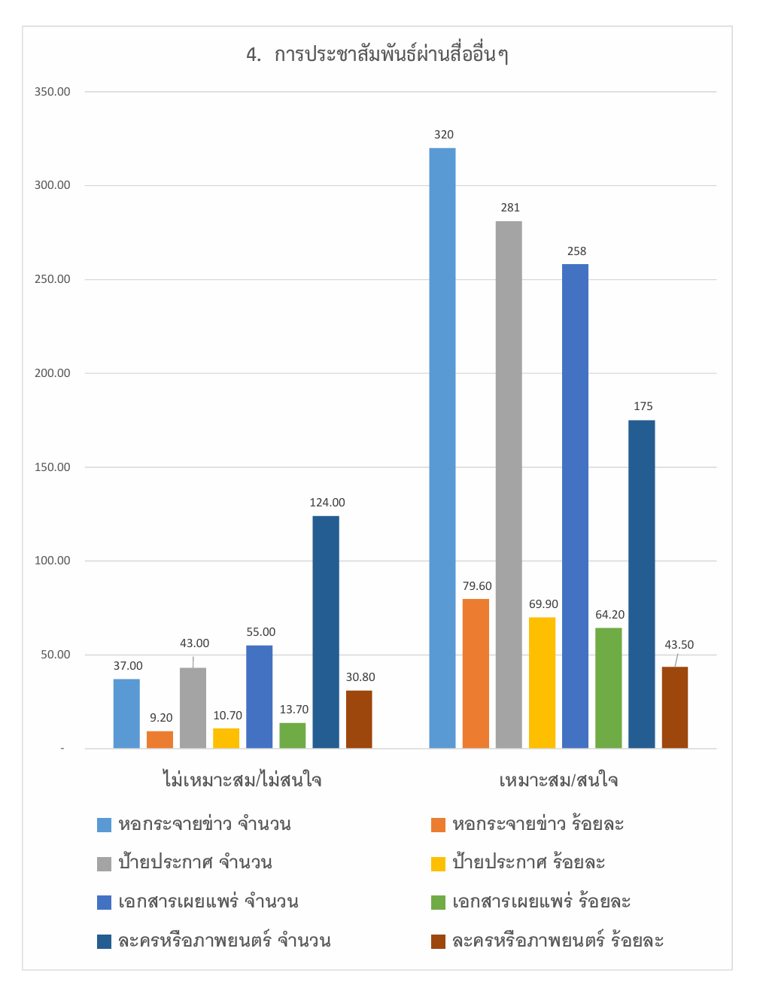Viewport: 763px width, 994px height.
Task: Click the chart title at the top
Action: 377,55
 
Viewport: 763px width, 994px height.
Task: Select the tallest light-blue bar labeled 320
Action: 442,448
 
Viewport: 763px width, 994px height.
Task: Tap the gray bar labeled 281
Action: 509,485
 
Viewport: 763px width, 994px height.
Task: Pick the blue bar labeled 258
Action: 575,506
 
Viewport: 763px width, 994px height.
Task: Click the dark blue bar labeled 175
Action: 641,584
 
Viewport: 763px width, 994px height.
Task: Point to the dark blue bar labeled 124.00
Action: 326,632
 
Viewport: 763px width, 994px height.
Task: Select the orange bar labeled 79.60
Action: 476,673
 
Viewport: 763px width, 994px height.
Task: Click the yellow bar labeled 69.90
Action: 542,682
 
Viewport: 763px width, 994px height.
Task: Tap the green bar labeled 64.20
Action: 608,688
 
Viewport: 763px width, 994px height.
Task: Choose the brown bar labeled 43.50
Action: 675,707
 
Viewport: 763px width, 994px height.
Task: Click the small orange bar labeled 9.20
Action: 160,740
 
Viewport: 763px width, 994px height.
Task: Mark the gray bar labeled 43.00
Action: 193,708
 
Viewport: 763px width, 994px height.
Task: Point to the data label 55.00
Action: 261,632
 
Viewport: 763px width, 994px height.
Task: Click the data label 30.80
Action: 360,677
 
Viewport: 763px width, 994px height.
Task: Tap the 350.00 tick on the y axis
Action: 52,92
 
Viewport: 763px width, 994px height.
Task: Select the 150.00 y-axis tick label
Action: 52,467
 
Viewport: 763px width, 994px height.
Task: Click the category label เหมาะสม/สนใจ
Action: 558,780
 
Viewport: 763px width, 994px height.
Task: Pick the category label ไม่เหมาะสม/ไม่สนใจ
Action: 242,780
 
